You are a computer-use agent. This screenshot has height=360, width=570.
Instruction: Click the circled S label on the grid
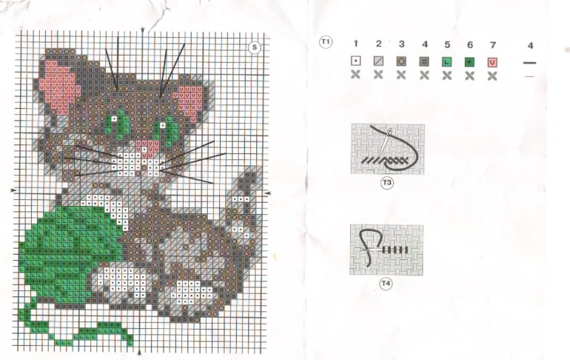tap(255, 47)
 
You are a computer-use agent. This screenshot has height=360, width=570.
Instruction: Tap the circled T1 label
tap(326, 41)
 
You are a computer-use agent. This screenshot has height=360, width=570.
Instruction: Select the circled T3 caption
tap(386, 182)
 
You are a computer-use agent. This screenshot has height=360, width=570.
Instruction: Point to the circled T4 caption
tap(386, 283)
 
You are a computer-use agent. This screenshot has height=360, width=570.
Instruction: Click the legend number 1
tap(355, 44)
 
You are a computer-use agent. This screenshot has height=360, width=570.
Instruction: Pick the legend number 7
tap(492, 44)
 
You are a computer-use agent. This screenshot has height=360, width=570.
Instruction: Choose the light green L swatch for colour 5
tap(447, 61)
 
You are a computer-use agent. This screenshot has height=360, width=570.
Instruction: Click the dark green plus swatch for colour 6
tap(469, 61)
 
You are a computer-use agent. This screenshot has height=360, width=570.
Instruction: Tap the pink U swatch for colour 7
tap(492, 62)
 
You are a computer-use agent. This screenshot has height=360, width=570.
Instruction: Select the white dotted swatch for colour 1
tap(356, 61)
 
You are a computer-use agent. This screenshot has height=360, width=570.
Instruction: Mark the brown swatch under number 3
tap(401, 61)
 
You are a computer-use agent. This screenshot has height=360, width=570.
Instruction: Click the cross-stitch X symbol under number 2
tap(378, 75)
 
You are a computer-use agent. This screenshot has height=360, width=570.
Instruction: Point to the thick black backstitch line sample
tap(529, 63)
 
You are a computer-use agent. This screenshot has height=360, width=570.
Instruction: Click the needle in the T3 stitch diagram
tap(384, 143)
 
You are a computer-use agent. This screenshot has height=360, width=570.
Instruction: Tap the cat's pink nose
tap(147, 146)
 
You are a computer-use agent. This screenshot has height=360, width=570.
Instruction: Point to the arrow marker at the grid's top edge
tap(142, 31)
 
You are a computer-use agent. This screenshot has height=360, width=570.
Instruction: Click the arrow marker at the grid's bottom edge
tap(139, 353)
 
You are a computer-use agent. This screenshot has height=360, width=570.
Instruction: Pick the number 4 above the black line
tap(530, 45)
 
